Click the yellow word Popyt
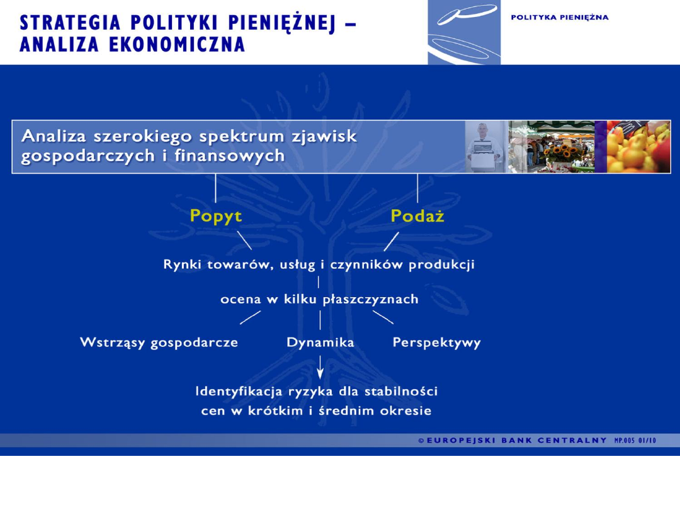[x=216, y=216]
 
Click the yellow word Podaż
[x=417, y=216]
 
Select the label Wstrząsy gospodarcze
[x=159, y=343]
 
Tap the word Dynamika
[x=320, y=343]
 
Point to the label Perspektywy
[x=436, y=343]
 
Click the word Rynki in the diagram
[x=183, y=264]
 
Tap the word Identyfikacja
[x=239, y=392]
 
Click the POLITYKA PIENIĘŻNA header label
[x=559, y=18]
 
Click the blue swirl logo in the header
[x=464, y=31]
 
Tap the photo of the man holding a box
[x=486, y=147]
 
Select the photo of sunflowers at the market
[x=552, y=147]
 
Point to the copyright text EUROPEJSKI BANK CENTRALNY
[x=516, y=441]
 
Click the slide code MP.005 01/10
[x=635, y=441]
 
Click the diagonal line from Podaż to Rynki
[x=391, y=241]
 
